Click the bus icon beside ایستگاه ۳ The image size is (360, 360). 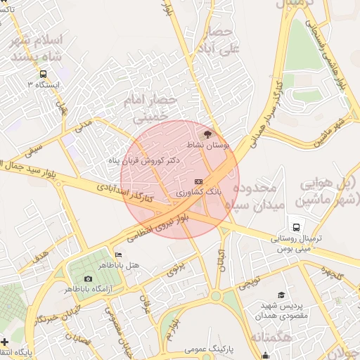coord(44,74)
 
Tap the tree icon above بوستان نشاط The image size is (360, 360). coord(207,133)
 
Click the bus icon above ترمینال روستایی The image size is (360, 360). coord(297,228)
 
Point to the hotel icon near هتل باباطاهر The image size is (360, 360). coord(118,255)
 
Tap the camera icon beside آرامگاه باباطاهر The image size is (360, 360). coord(88,279)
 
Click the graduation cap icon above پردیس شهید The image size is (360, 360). coord(281,296)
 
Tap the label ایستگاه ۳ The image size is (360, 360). coord(44,84)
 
